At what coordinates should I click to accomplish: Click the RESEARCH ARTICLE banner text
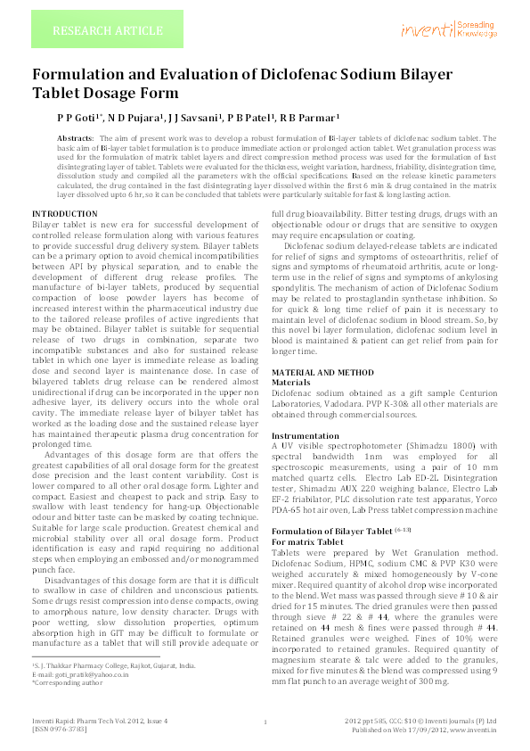pyautogui.click(x=107, y=31)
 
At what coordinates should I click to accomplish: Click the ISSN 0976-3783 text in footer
pyautogui.click(x=62, y=728)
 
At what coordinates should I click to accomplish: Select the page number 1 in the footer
pyautogui.click(x=265, y=722)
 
